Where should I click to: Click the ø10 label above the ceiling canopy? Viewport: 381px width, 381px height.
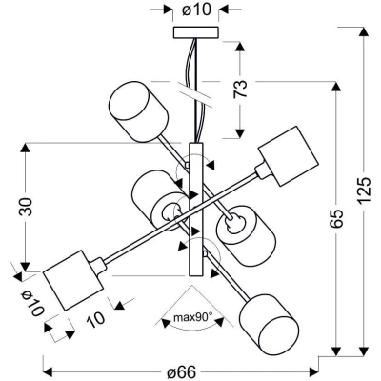(196, 10)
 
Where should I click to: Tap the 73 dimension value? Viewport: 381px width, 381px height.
(240, 90)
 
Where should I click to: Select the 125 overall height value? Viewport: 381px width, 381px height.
(364, 190)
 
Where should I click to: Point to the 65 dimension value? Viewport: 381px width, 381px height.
(336, 219)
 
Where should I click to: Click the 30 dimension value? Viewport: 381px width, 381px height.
(26, 207)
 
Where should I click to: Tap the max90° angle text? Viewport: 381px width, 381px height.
(192, 316)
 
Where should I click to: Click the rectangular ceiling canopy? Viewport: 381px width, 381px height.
(196, 32)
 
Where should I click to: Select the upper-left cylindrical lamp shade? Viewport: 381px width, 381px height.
(138, 111)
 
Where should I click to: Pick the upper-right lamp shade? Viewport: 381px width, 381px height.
(288, 156)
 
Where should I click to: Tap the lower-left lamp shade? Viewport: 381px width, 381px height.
(73, 280)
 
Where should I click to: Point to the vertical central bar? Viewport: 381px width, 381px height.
(195, 210)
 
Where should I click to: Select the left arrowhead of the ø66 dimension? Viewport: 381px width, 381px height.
(48, 371)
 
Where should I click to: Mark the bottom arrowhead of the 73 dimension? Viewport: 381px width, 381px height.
(240, 133)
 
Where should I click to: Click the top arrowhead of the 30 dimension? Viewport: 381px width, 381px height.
(25, 149)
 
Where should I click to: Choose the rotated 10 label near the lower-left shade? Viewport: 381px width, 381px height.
(95, 318)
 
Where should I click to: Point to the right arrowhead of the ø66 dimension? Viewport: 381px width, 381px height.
(313, 371)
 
